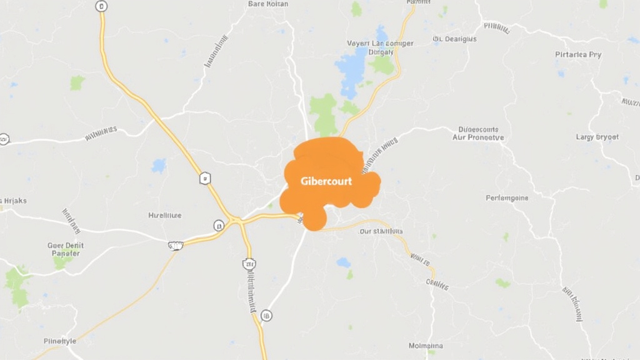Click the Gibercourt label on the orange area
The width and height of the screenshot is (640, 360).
(x=326, y=181)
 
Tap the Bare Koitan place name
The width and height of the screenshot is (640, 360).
(x=268, y=4)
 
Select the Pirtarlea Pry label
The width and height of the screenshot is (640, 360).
(x=578, y=54)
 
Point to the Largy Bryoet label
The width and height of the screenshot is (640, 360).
(x=597, y=136)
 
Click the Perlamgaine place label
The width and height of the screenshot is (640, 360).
(x=507, y=198)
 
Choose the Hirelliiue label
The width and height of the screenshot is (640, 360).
(x=165, y=215)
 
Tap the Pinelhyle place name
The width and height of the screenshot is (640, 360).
(x=60, y=341)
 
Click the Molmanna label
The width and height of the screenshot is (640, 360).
(x=426, y=346)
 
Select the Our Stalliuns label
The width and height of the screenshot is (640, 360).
(x=381, y=231)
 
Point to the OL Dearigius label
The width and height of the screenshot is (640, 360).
(x=454, y=39)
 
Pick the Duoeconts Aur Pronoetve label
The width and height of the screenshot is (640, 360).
(x=477, y=133)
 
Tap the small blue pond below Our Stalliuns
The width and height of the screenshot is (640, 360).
(x=344, y=262)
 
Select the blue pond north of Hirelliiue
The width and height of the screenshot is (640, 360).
(x=159, y=166)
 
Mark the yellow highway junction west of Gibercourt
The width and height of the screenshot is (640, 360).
(x=237, y=220)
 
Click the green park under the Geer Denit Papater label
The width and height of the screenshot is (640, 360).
(x=62, y=262)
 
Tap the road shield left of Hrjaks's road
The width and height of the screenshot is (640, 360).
(x=4, y=139)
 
